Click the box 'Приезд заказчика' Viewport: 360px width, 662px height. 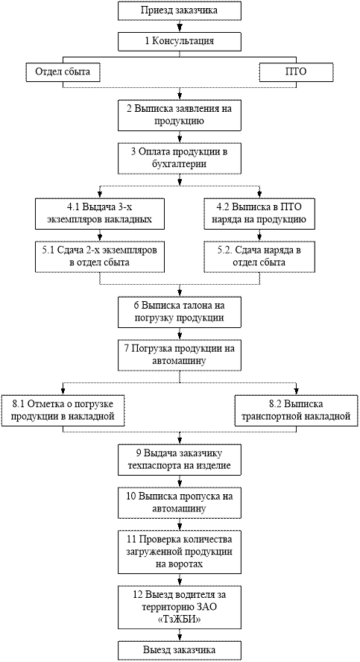point(180,10)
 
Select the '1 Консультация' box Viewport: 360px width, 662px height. point(180,42)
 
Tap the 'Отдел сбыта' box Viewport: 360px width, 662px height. point(63,72)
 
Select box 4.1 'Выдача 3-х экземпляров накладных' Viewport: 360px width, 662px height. point(100,214)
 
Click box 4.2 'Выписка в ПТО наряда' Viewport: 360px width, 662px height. point(259,214)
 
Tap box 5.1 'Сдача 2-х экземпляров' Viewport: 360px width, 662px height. point(100,256)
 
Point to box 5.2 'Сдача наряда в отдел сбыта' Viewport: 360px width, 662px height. point(259,256)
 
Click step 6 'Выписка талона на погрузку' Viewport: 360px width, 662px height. point(180,312)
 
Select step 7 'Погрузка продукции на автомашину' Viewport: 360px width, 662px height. point(180,355)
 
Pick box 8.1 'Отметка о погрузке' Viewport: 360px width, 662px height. point(63,410)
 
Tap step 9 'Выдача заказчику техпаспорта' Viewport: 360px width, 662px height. point(180,460)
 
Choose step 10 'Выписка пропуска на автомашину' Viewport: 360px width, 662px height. point(180,502)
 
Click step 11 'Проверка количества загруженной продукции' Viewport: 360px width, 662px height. point(180,552)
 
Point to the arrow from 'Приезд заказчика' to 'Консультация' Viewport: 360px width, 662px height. point(180,26)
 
